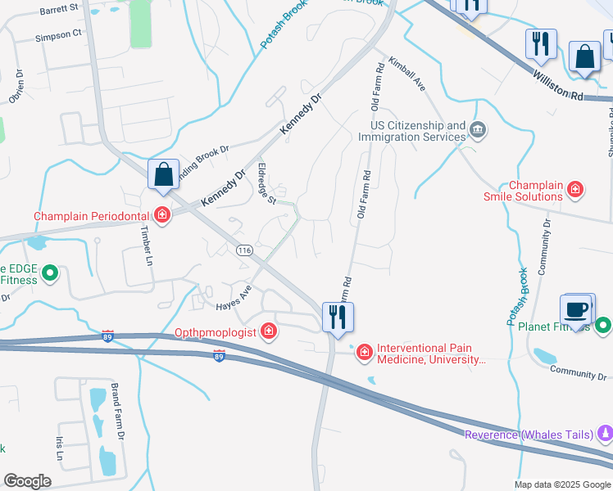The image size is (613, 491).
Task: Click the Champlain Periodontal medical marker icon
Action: point(162,216)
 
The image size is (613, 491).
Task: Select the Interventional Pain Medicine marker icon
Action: point(363,351)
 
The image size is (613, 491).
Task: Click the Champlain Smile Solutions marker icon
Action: point(575,190)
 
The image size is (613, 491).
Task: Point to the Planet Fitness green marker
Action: point(604,325)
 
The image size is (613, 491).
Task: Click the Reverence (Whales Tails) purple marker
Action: point(605,433)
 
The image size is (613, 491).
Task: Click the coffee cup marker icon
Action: point(577,311)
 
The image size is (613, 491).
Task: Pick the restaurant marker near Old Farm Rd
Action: point(338,316)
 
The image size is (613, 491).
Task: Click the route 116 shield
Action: point(243,250)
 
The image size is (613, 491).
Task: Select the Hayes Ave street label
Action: point(233,300)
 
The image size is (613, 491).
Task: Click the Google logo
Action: point(27,481)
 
